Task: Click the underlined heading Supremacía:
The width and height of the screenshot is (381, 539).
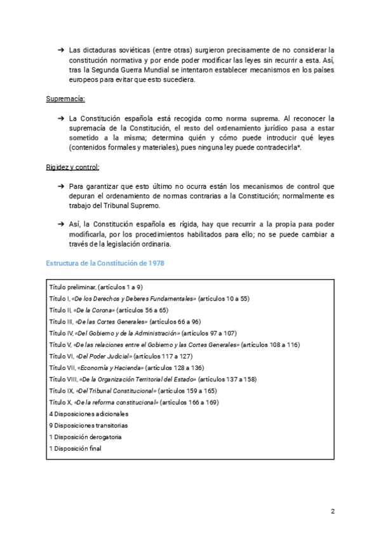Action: point(65,99)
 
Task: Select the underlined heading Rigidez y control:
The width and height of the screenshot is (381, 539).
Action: point(72,167)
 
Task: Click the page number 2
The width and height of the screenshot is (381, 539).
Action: point(333,511)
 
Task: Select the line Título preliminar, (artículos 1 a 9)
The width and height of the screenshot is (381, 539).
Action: point(96,287)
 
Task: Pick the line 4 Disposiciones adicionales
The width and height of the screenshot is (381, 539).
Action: point(83,414)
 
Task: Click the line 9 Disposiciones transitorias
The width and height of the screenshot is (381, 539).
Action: point(88,425)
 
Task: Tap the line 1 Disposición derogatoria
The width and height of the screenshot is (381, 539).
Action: point(85,437)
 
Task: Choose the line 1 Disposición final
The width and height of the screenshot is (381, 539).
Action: point(75,448)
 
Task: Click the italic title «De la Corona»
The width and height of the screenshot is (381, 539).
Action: point(94,310)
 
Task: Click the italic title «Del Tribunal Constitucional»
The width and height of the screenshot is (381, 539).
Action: point(116,391)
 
